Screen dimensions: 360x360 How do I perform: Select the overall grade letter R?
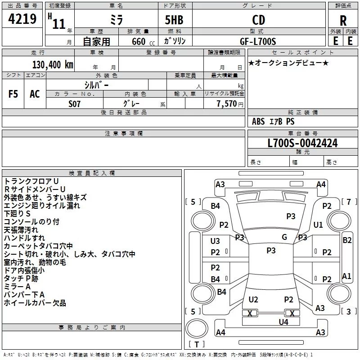343,21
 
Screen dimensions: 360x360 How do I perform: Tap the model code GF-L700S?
258,41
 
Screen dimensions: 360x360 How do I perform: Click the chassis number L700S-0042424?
302,143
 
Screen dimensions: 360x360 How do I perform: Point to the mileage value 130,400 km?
53,64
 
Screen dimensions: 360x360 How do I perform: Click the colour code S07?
75,104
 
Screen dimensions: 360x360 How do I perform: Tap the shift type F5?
13,94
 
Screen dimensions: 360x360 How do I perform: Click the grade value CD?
258,20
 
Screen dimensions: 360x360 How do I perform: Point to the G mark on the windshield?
284,237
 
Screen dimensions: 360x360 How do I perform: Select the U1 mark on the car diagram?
318,225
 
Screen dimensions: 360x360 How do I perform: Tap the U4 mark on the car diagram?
283,322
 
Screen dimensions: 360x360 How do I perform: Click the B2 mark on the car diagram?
347,240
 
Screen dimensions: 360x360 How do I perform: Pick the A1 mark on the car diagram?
346,276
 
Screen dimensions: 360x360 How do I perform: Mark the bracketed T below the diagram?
196,344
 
